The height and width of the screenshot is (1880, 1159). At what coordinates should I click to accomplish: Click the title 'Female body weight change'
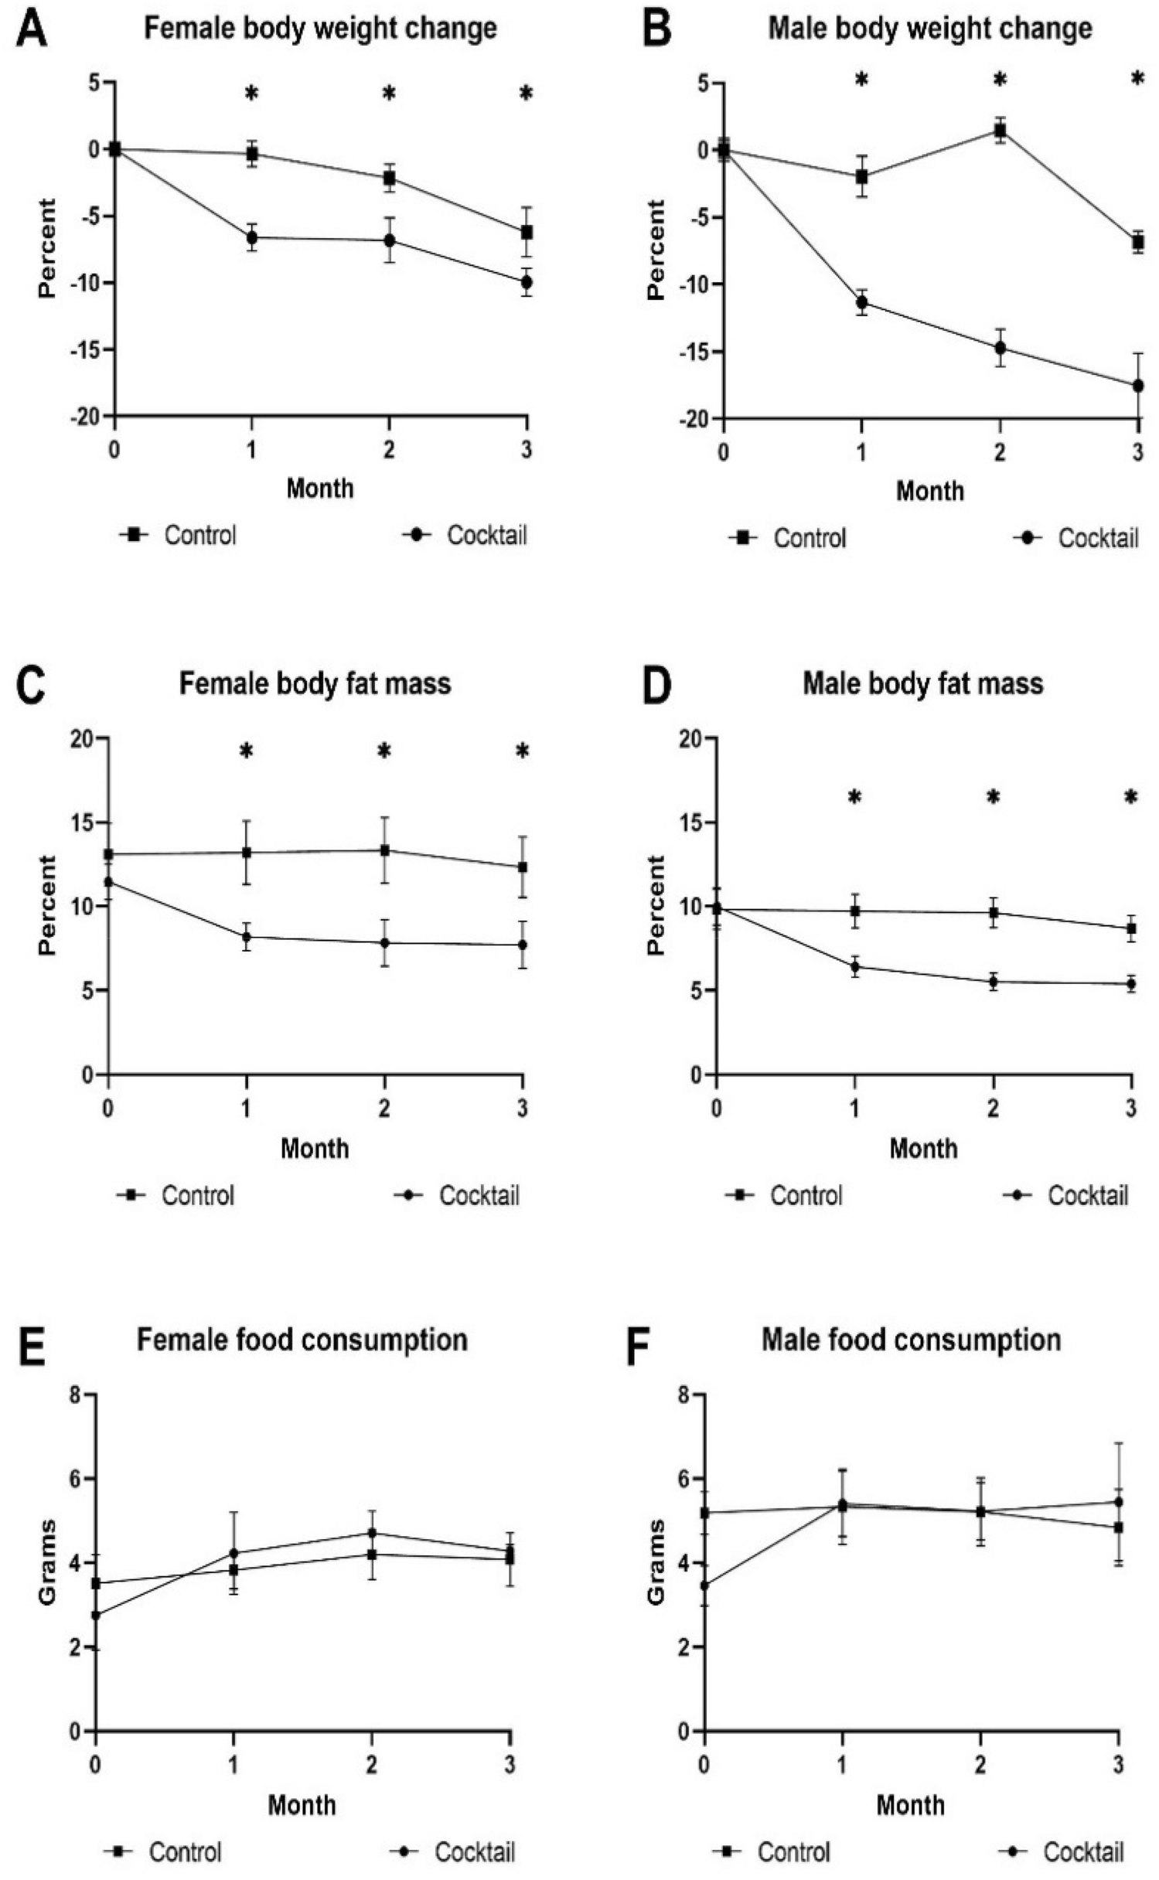tap(320, 29)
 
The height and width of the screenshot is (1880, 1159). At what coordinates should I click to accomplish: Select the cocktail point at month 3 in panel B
tap(1137, 385)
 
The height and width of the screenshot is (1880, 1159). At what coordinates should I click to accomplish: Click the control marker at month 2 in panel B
tap(1000, 130)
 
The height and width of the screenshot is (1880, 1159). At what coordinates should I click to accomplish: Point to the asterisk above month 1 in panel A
tap(251, 94)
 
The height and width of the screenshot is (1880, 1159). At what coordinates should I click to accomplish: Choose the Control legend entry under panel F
tap(793, 1851)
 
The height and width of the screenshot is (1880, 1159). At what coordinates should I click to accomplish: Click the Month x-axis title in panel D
tap(923, 1148)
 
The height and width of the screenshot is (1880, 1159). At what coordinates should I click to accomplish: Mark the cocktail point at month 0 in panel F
tap(704, 1585)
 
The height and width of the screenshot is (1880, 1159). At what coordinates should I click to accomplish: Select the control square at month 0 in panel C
tap(109, 854)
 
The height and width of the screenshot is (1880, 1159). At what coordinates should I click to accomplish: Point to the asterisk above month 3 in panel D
tap(1130, 797)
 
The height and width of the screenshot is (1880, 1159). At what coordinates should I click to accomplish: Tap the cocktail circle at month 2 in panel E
tap(372, 1532)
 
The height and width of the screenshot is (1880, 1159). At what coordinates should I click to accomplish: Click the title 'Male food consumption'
tap(911, 1339)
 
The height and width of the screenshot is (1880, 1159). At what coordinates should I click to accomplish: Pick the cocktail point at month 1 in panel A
tap(251, 237)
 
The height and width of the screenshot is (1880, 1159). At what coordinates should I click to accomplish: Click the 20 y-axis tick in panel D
tap(695, 738)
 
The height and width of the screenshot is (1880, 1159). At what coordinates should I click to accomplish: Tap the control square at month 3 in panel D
tap(1131, 928)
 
